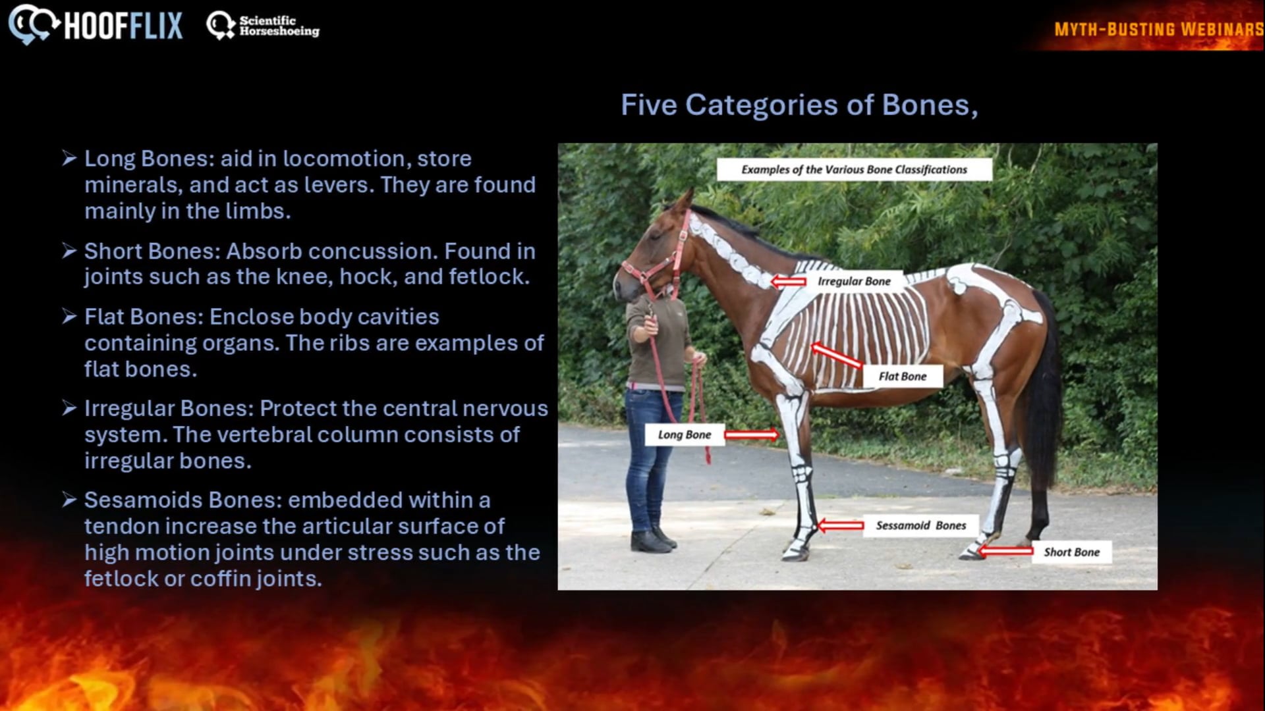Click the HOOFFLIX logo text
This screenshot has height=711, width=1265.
click(123, 26)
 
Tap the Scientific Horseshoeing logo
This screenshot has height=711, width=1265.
click(263, 26)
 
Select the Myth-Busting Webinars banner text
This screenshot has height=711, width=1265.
click(1159, 30)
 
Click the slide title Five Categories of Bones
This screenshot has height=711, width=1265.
click(799, 105)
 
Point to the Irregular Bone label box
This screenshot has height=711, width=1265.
click(854, 281)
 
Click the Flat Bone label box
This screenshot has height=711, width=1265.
click(903, 377)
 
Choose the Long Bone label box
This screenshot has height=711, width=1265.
click(685, 434)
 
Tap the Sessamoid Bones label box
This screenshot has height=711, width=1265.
click(920, 525)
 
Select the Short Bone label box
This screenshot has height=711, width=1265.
click(1072, 552)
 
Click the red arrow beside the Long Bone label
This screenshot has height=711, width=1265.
click(752, 434)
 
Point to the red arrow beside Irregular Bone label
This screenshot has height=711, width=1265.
click(788, 282)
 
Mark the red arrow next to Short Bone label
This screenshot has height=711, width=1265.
click(1005, 551)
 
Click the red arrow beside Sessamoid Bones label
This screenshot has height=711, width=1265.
click(840, 525)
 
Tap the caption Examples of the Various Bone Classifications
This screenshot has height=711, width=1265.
click(855, 170)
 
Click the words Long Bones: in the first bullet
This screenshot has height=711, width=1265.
click(150, 159)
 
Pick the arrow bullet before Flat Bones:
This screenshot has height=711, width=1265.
click(70, 317)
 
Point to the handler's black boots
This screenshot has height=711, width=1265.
click(653, 540)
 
